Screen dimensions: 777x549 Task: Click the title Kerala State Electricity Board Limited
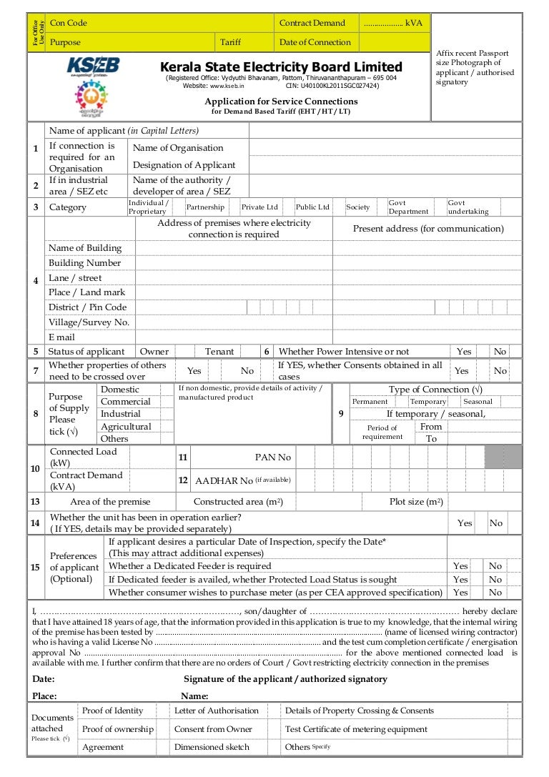click(x=281, y=67)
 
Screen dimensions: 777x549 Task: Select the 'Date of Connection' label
click(x=315, y=42)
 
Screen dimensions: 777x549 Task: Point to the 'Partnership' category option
click(x=205, y=207)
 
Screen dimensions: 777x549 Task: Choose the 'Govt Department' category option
click(x=408, y=207)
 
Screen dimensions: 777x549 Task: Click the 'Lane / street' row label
click(x=75, y=278)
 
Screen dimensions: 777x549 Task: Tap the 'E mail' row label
click(x=61, y=337)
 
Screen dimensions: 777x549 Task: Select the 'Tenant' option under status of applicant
click(x=219, y=352)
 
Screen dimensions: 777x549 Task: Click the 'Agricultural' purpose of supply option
click(x=126, y=427)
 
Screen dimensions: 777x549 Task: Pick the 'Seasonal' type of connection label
click(x=478, y=402)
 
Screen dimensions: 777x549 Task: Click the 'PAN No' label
click(x=274, y=457)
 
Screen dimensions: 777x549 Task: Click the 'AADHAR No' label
click(x=224, y=480)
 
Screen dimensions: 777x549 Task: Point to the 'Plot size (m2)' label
click(x=416, y=502)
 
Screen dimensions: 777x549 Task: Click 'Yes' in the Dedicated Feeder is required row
click(x=461, y=566)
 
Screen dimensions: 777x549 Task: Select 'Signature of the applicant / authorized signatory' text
click(x=285, y=679)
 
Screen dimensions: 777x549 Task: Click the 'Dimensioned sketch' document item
click(x=212, y=747)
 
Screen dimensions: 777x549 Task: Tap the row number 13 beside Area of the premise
click(x=35, y=502)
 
